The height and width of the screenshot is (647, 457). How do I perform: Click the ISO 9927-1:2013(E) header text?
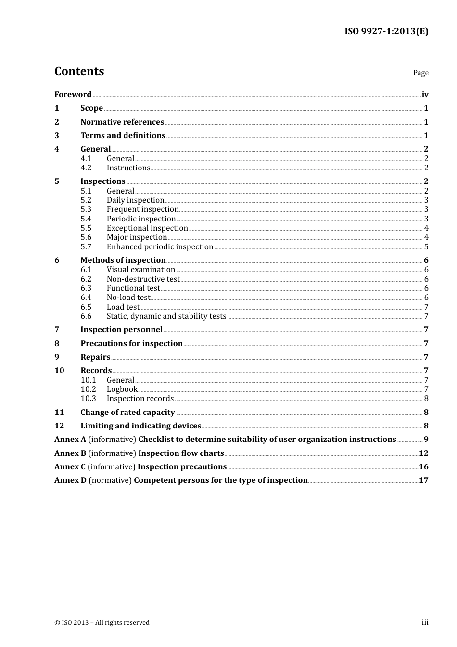(386, 32)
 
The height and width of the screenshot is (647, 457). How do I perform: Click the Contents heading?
(79, 71)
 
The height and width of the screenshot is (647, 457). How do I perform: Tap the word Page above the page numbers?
(420, 73)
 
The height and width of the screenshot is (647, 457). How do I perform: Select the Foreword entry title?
(73, 95)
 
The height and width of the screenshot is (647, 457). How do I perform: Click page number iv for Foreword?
(425, 95)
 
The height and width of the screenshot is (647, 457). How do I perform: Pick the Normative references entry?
(122, 122)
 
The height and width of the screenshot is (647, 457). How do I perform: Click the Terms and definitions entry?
(123, 136)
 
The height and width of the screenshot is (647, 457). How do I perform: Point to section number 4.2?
(86, 168)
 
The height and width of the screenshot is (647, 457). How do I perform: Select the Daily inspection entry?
(135, 200)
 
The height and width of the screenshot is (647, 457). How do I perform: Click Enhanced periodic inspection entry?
(160, 247)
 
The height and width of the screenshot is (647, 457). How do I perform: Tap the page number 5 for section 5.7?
(426, 247)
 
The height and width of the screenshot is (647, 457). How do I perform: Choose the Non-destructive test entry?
(143, 279)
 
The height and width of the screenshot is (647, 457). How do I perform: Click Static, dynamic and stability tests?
(166, 316)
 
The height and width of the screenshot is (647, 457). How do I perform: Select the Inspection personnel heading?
(121, 330)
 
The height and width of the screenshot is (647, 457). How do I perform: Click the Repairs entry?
(95, 357)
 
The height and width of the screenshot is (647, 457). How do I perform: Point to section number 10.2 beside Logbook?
(88, 389)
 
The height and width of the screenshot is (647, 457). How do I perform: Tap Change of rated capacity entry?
(127, 413)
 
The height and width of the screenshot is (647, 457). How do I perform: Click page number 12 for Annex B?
(423, 453)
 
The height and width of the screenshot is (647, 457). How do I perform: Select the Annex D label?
(70, 480)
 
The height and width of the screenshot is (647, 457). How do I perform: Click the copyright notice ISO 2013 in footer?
(102, 623)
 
